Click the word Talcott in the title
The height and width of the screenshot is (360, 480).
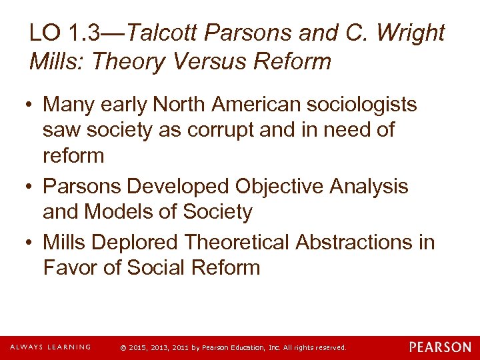point(166,33)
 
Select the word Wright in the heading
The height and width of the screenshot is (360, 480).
point(409,33)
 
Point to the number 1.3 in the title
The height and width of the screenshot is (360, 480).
point(86,33)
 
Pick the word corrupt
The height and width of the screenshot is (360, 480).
point(214,130)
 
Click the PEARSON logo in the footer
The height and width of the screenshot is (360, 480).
point(440,347)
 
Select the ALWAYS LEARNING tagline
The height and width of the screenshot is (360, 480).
point(50,347)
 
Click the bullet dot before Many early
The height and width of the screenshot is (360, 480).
point(31,105)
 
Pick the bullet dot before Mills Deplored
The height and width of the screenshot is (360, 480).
point(31,243)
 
